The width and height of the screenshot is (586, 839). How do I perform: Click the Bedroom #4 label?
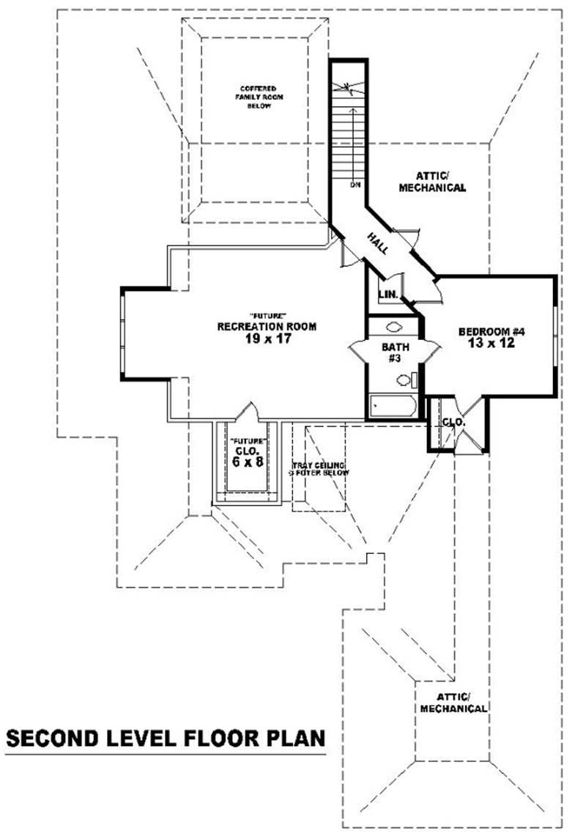click(492, 332)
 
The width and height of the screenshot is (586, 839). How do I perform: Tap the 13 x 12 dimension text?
click(492, 343)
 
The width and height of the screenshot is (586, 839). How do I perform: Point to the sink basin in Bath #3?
click(393, 328)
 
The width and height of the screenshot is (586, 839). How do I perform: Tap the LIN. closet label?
click(387, 295)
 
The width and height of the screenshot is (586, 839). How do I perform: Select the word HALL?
click(378, 243)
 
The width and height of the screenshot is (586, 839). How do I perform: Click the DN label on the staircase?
click(355, 185)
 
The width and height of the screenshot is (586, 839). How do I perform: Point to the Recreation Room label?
click(267, 327)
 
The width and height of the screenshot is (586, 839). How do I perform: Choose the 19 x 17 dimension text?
click(267, 339)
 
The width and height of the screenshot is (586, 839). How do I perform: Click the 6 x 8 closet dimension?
click(247, 462)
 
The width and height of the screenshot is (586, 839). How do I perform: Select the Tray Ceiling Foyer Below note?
click(319, 469)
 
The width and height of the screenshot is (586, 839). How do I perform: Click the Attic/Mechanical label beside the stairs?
click(431, 182)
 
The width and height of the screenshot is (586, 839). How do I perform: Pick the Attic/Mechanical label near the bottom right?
click(453, 703)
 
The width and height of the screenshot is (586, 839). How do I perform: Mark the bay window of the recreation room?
click(125, 334)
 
